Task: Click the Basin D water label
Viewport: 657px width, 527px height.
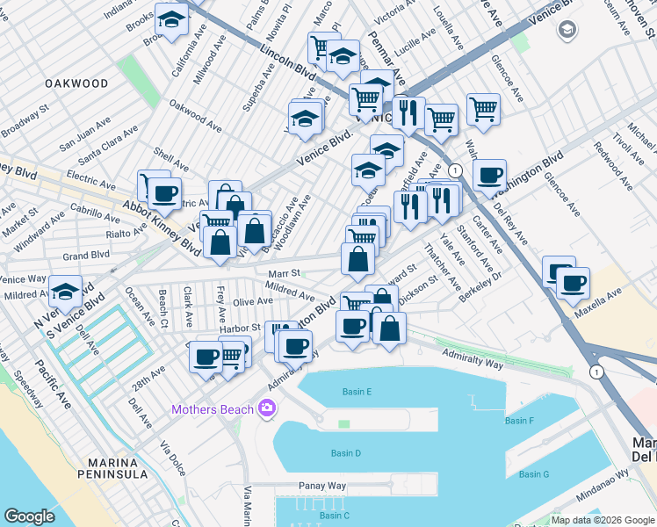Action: (x=345, y=453)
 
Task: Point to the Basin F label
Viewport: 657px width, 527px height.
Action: (x=520, y=421)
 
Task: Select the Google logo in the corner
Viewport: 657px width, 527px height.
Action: (x=29, y=516)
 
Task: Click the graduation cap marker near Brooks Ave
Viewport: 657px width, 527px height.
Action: (x=171, y=19)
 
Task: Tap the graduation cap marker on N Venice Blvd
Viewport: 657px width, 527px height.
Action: (x=65, y=292)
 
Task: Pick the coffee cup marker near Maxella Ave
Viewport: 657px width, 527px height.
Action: (x=574, y=284)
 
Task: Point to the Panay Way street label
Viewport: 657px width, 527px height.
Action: (x=323, y=486)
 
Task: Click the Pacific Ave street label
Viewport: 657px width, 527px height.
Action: (x=54, y=379)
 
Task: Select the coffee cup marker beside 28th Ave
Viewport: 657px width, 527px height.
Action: (x=206, y=357)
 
